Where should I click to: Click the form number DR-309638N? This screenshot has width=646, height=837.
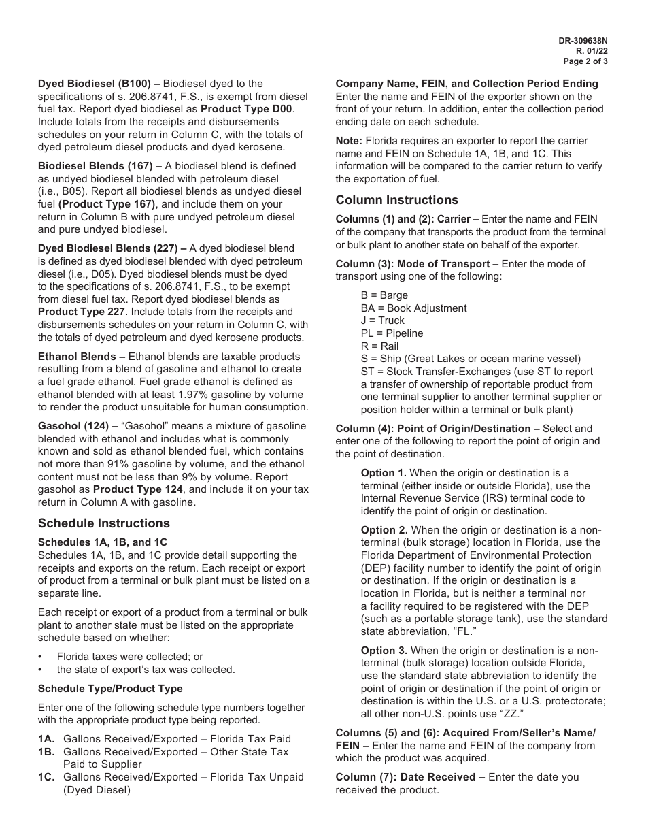click(x=583, y=41)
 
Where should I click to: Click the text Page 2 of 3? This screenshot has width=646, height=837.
click(x=585, y=61)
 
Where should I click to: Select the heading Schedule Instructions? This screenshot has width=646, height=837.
click(x=104, y=523)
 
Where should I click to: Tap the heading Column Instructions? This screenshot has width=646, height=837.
click(x=397, y=200)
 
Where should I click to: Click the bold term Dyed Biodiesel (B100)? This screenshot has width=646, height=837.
click(x=93, y=84)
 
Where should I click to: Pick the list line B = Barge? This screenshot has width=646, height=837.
click(x=384, y=295)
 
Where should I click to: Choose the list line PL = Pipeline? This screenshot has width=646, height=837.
click(x=392, y=333)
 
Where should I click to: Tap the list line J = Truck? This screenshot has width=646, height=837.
click(x=382, y=321)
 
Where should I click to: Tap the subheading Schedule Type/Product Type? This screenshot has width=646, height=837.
click(x=110, y=689)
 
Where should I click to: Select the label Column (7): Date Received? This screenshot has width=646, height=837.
click(x=410, y=777)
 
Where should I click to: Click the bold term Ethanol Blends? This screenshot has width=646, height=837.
click(x=78, y=357)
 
